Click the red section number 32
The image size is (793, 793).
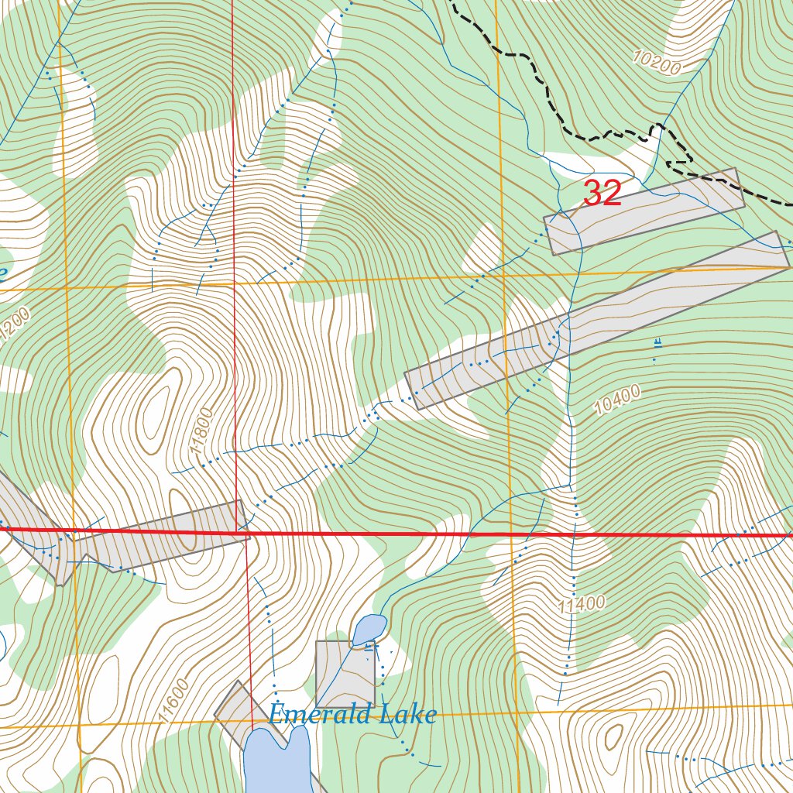coord(602,194)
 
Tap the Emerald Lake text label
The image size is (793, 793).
coord(352,714)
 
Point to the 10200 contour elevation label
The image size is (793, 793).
coord(656,63)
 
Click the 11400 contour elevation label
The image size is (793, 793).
coord(581,604)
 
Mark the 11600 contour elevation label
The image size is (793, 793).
coord(171,700)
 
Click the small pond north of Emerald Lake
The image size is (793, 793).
coord(369,630)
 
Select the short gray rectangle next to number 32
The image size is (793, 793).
coord(644,211)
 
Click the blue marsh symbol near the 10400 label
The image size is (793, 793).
coord(657,342)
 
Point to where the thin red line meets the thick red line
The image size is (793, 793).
coord(246,533)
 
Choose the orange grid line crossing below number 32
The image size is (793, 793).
coord(387,280)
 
